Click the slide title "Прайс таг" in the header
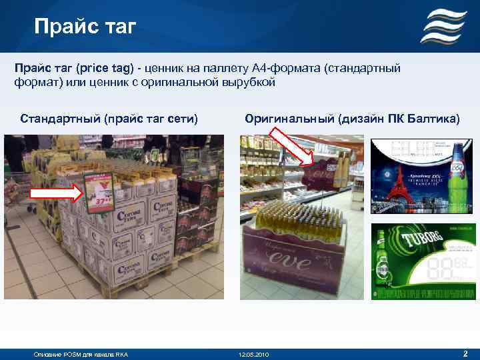[85, 27]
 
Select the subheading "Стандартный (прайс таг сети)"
[109, 119]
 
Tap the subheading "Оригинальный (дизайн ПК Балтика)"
[352, 119]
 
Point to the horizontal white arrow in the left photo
[57, 194]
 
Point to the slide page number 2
[465, 353]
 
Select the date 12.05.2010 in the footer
[253, 353]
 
